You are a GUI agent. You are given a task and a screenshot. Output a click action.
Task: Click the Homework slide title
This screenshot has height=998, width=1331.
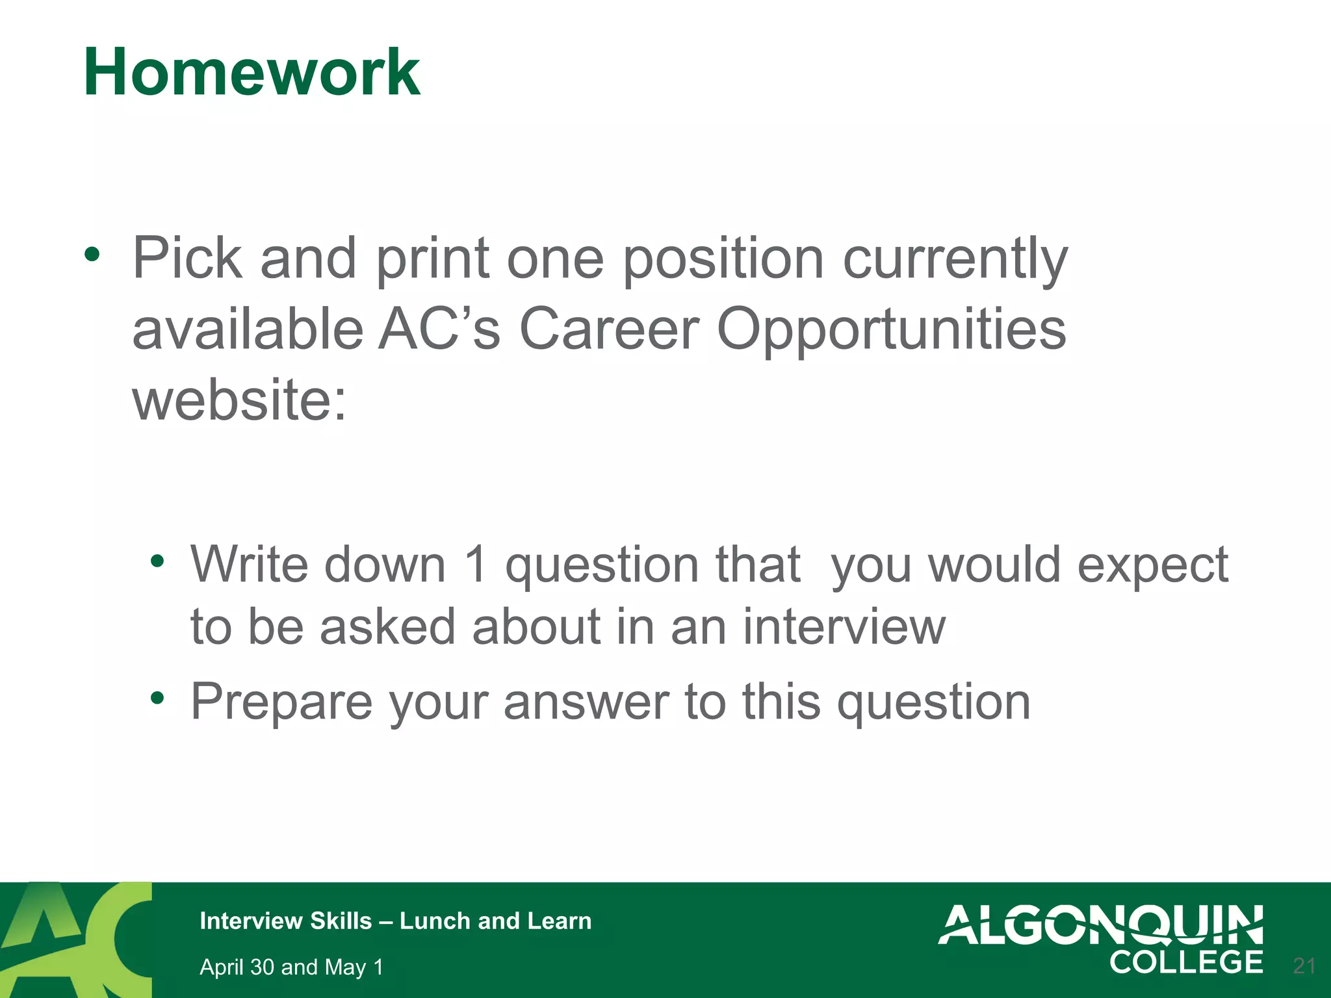252,73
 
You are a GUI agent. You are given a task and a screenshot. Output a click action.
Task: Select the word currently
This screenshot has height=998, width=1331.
955,260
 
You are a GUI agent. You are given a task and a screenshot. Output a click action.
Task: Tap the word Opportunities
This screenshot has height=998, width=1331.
891,330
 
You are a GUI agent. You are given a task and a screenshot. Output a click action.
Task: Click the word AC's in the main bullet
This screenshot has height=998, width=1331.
439,329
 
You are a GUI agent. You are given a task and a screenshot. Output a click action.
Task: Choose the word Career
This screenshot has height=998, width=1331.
609,329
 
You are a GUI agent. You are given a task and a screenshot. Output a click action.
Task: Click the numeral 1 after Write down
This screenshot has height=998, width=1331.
476,564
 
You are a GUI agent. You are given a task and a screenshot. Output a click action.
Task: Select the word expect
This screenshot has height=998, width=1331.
1152,565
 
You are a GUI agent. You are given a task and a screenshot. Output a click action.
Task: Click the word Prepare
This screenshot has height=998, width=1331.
281,702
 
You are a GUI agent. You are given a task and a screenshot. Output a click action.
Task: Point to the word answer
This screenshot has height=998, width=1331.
586,702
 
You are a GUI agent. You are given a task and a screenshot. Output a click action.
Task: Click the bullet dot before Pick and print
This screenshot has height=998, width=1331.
92,255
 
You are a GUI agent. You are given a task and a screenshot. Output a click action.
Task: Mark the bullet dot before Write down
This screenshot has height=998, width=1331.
157,561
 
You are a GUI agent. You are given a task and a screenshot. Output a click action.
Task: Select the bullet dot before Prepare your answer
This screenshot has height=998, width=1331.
157,698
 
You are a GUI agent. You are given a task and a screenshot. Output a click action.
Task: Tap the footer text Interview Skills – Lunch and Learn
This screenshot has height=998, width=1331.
395,921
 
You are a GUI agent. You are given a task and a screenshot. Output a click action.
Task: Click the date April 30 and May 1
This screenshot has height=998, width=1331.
291,967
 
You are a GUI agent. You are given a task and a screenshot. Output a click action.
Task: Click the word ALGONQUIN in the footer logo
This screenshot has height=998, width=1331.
1100,925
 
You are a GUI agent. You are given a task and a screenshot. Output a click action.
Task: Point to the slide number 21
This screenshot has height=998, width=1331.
1304,966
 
